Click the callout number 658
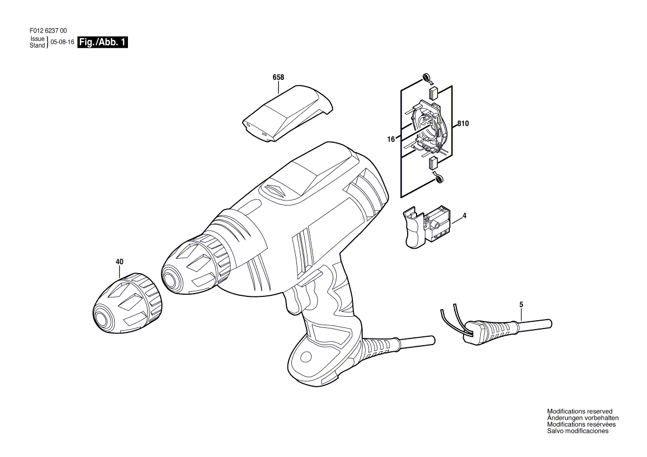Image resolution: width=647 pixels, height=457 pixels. tap(278, 77)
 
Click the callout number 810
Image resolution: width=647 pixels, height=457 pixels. tap(463, 124)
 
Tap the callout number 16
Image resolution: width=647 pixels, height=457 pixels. tap(391, 140)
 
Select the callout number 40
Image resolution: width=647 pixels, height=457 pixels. tap(119, 261)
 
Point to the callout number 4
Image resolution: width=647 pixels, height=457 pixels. tap(465, 215)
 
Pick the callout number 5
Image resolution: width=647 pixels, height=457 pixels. tap(521, 305)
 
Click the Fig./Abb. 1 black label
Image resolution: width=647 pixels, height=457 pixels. tap(102, 42)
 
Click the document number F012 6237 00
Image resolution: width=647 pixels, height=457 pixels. tap(48, 30)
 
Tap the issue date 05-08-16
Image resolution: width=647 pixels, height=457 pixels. tap(62, 42)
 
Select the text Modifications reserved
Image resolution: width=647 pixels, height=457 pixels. tap(580, 411)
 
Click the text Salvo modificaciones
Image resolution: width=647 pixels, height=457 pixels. tap(578, 431)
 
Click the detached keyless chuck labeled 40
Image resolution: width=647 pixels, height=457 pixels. tap(126, 300)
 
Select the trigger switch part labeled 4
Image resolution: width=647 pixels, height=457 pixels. tap(428, 227)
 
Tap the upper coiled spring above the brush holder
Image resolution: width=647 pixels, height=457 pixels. tap(427, 78)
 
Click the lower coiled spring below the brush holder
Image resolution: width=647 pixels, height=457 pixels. tap(438, 178)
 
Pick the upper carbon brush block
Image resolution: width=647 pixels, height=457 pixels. tap(433, 93)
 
